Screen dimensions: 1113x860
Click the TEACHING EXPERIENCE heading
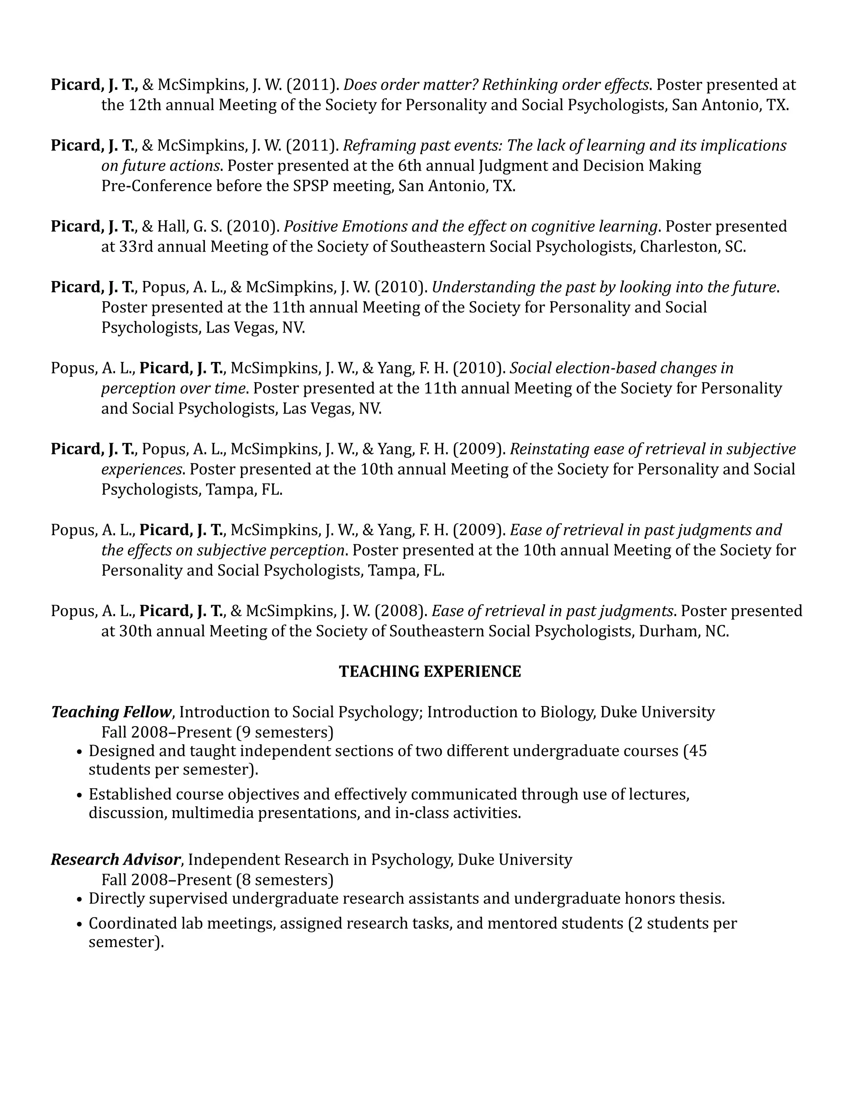coord(430,671)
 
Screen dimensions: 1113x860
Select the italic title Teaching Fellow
coord(111,711)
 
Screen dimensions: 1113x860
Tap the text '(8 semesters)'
coord(284,879)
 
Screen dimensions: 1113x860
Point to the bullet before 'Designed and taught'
coord(79,752)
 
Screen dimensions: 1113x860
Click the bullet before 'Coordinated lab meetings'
coord(79,924)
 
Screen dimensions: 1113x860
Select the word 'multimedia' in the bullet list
coord(212,812)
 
